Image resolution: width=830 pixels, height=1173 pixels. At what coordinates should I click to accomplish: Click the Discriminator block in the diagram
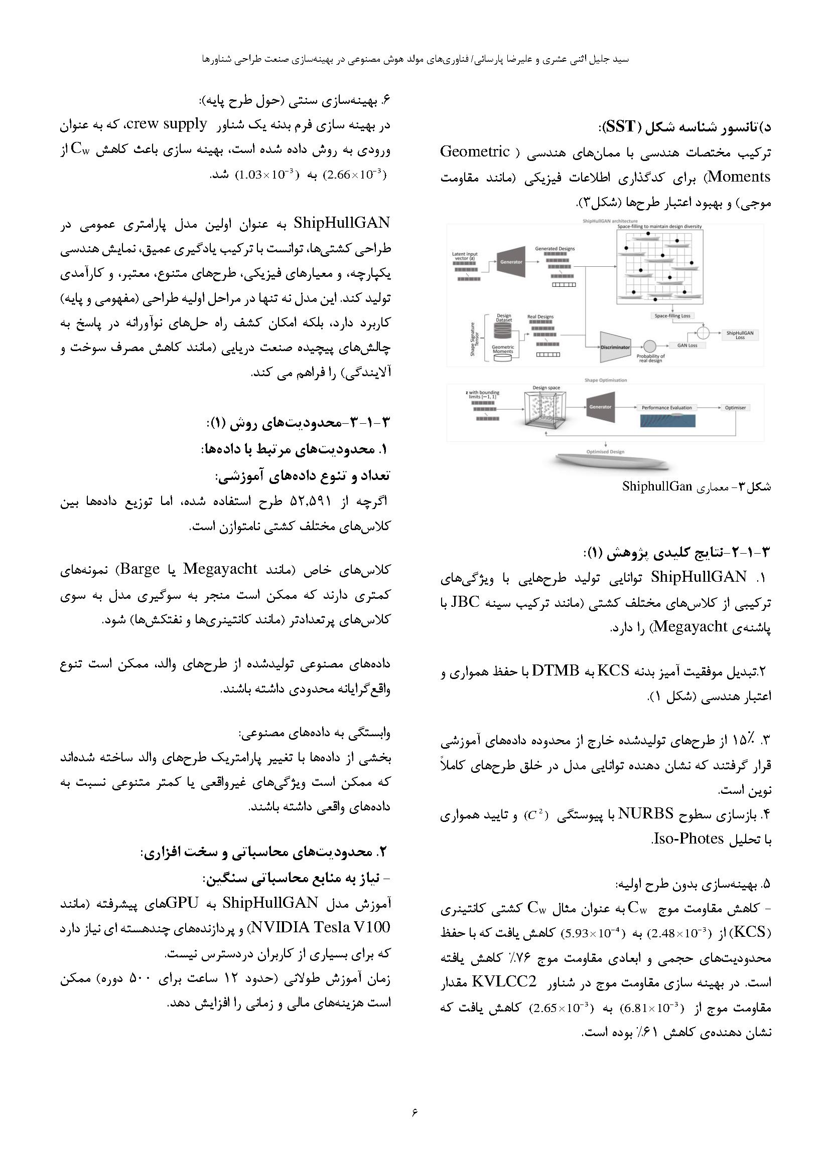point(615,347)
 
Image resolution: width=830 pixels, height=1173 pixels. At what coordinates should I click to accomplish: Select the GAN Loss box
point(687,346)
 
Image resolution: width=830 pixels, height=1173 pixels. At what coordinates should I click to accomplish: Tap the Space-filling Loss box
point(672,316)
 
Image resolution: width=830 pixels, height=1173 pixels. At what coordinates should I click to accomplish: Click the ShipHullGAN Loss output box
point(740,334)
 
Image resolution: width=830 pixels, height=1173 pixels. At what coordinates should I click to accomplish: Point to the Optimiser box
point(735,408)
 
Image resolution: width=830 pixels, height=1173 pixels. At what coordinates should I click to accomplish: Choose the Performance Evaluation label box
point(666,408)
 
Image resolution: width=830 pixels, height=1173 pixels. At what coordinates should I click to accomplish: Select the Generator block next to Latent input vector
point(511,262)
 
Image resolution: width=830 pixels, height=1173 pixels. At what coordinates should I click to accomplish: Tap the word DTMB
point(555,671)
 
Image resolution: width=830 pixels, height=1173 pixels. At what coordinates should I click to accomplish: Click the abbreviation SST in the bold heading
point(621,126)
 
